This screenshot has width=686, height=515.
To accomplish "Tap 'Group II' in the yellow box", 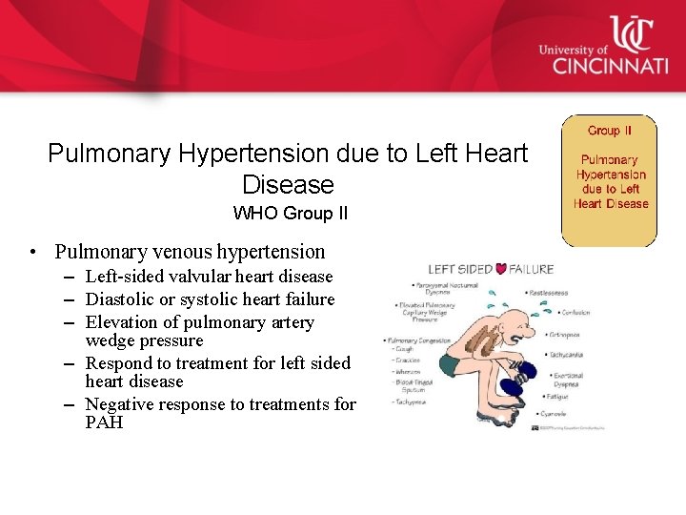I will point(610,131).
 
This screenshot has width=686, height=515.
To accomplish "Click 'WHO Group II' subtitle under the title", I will point(291,214).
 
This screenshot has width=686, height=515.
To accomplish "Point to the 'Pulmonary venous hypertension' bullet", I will point(190,252).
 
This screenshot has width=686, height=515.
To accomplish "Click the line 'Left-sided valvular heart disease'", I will point(209,277).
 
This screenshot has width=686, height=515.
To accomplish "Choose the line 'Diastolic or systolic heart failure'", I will point(210,299).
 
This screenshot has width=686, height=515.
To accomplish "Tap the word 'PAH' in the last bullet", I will point(104,422).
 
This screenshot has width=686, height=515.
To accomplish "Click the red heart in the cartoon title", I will point(501,270).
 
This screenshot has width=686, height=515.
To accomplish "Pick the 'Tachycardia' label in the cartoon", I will point(569,354).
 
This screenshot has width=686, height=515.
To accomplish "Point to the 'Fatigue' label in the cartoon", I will point(558,396).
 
